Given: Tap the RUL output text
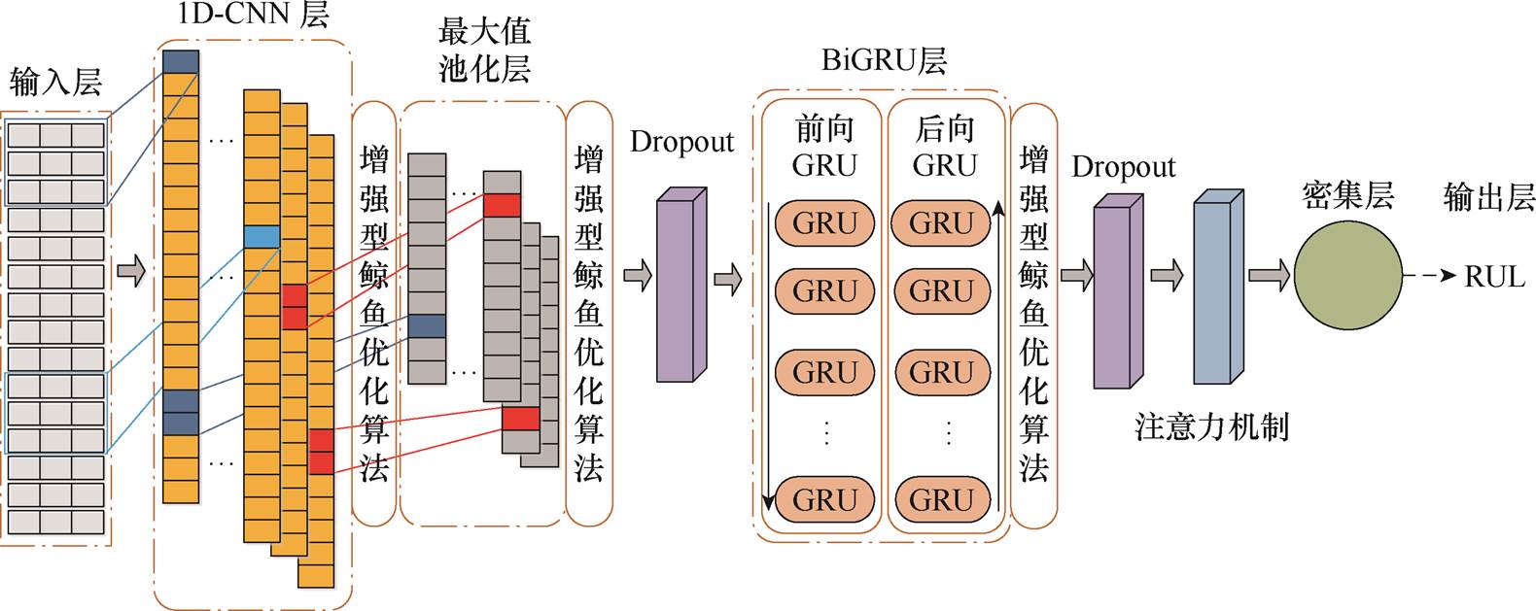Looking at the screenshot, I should click(x=1494, y=277).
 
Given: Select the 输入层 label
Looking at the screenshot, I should click(x=55, y=83).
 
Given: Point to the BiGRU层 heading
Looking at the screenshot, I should click(x=883, y=61).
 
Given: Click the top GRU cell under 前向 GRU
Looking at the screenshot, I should click(x=824, y=223).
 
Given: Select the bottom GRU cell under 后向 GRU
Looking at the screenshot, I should click(x=941, y=499).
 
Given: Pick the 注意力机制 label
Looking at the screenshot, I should click(x=1211, y=426).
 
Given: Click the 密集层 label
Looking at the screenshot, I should click(x=1347, y=196).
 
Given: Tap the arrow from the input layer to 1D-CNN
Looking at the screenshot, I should click(x=131, y=271).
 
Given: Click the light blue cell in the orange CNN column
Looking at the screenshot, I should click(x=262, y=236).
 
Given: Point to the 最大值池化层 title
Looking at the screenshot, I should click(x=484, y=50).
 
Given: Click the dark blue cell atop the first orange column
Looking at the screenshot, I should click(x=181, y=62).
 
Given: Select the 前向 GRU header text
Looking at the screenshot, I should click(x=824, y=146).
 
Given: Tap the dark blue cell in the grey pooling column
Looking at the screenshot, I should click(x=427, y=325).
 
